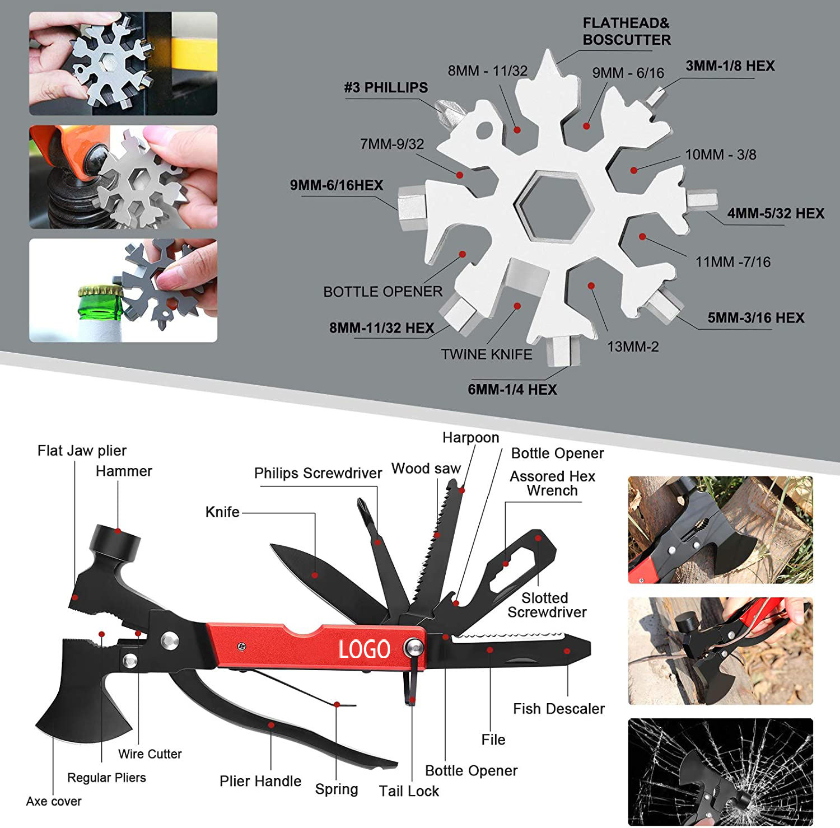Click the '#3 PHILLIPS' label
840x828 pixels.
tap(385, 88)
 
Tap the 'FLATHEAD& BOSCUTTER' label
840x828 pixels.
tap(626, 31)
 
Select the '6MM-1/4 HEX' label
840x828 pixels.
tap(512, 390)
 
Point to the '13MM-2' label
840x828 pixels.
tap(633, 347)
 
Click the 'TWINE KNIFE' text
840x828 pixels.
tap(486, 354)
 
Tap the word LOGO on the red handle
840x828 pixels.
tap(364, 649)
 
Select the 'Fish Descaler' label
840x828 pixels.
tap(558, 709)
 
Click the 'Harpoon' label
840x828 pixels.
tap(470, 437)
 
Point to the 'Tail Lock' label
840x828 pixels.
tap(409, 791)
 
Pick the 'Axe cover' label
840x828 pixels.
tap(54, 801)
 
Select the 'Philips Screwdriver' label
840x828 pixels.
tap(318, 473)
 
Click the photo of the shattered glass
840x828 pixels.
tap(720, 771)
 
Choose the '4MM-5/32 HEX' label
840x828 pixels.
tap(775, 213)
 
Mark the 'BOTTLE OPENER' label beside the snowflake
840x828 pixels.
tap(382, 292)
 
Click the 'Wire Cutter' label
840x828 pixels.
tap(150, 754)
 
